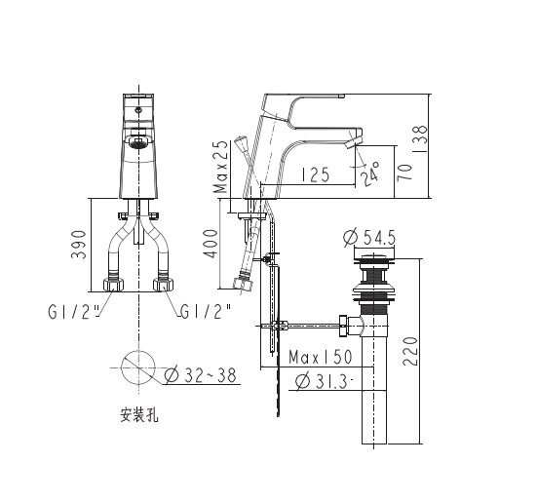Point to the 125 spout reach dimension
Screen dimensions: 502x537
pyautogui.click(x=314, y=175)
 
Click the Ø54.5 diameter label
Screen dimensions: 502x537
pyautogui.click(x=371, y=237)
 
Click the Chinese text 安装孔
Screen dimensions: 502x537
pyautogui.click(x=138, y=416)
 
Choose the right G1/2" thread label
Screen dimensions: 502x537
pyautogui.click(x=205, y=312)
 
